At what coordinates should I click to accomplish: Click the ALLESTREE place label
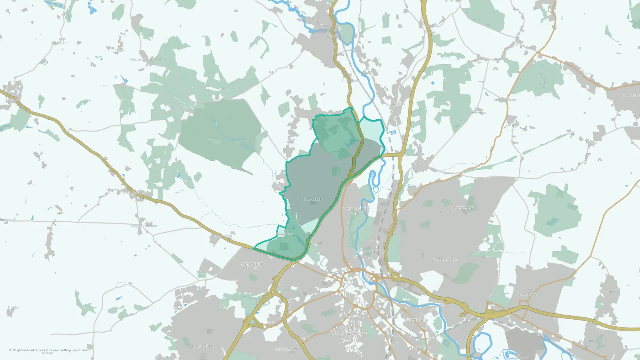312,199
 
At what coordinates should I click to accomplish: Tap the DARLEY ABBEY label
356,209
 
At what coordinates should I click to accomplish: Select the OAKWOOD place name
463,208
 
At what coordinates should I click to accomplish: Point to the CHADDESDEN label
445,259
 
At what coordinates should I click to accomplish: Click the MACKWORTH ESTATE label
252,266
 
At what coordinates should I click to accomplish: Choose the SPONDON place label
527,294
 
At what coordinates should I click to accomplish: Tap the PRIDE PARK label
417,320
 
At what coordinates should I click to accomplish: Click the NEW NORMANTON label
354,332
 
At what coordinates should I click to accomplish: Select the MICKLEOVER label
201,347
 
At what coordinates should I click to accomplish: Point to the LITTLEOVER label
286,349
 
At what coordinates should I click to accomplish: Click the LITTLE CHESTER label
370,252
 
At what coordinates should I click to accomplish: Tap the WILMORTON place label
419,348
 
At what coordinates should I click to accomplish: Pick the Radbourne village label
124,283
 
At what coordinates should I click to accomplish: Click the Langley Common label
143,226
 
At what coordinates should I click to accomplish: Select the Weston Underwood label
145,60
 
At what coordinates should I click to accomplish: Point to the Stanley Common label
578,74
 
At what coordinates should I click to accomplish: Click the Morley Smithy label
505,100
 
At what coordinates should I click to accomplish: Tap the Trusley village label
13,308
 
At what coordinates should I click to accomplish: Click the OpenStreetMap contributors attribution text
68,350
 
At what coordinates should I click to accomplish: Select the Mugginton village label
116,50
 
